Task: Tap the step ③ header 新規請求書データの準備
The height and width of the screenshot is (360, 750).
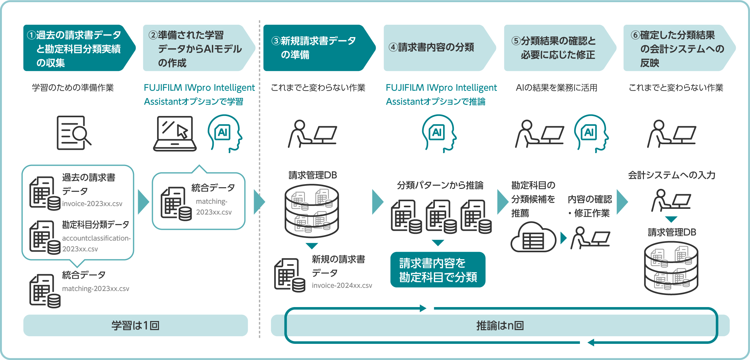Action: pyautogui.click(x=317, y=48)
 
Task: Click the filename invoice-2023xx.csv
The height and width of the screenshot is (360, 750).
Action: pyautogui.click(x=92, y=204)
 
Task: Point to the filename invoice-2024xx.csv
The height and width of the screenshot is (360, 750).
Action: pyautogui.click(x=342, y=286)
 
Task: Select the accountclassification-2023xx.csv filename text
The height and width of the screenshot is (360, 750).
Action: pyautogui.click(x=96, y=243)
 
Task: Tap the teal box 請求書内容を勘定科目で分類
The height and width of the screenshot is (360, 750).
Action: pyautogui.click(x=438, y=270)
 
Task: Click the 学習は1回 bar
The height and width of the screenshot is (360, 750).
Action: pyautogui.click(x=136, y=325)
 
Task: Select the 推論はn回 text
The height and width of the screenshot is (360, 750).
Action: pyautogui.click(x=500, y=325)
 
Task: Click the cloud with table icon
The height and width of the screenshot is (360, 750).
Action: pyautogui.click(x=533, y=238)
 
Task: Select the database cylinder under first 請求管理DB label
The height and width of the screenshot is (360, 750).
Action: pyautogui.click(x=312, y=211)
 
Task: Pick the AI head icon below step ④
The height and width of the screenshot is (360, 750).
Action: pyautogui.click(x=439, y=133)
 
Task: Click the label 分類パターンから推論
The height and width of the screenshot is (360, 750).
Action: pyautogui.click(x=440, y=185)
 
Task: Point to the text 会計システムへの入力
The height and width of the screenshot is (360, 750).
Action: pyautogui.click(x=671, y=175)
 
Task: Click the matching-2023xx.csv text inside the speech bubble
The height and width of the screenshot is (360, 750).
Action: pyautogui.click(x=213, y=207)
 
